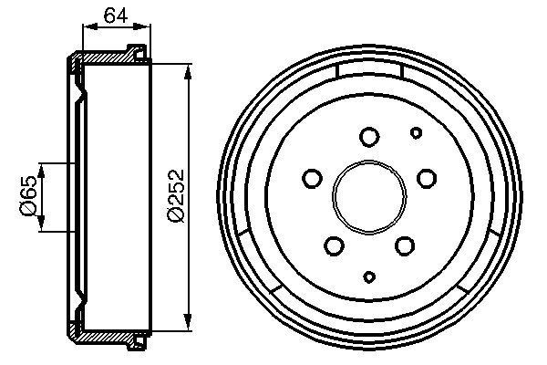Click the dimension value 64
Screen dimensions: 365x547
[113, 14]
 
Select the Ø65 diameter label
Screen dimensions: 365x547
[28, 195]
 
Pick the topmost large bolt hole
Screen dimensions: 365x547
[369, 138]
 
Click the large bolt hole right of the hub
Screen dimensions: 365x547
[426, 179]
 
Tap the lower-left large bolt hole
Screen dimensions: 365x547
[335, 245]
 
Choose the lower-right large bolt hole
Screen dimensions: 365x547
[404, 245]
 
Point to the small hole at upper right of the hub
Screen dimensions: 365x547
[416, 133]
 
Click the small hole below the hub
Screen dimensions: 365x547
[369, 276]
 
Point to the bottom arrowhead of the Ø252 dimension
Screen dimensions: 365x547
[189, 320]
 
